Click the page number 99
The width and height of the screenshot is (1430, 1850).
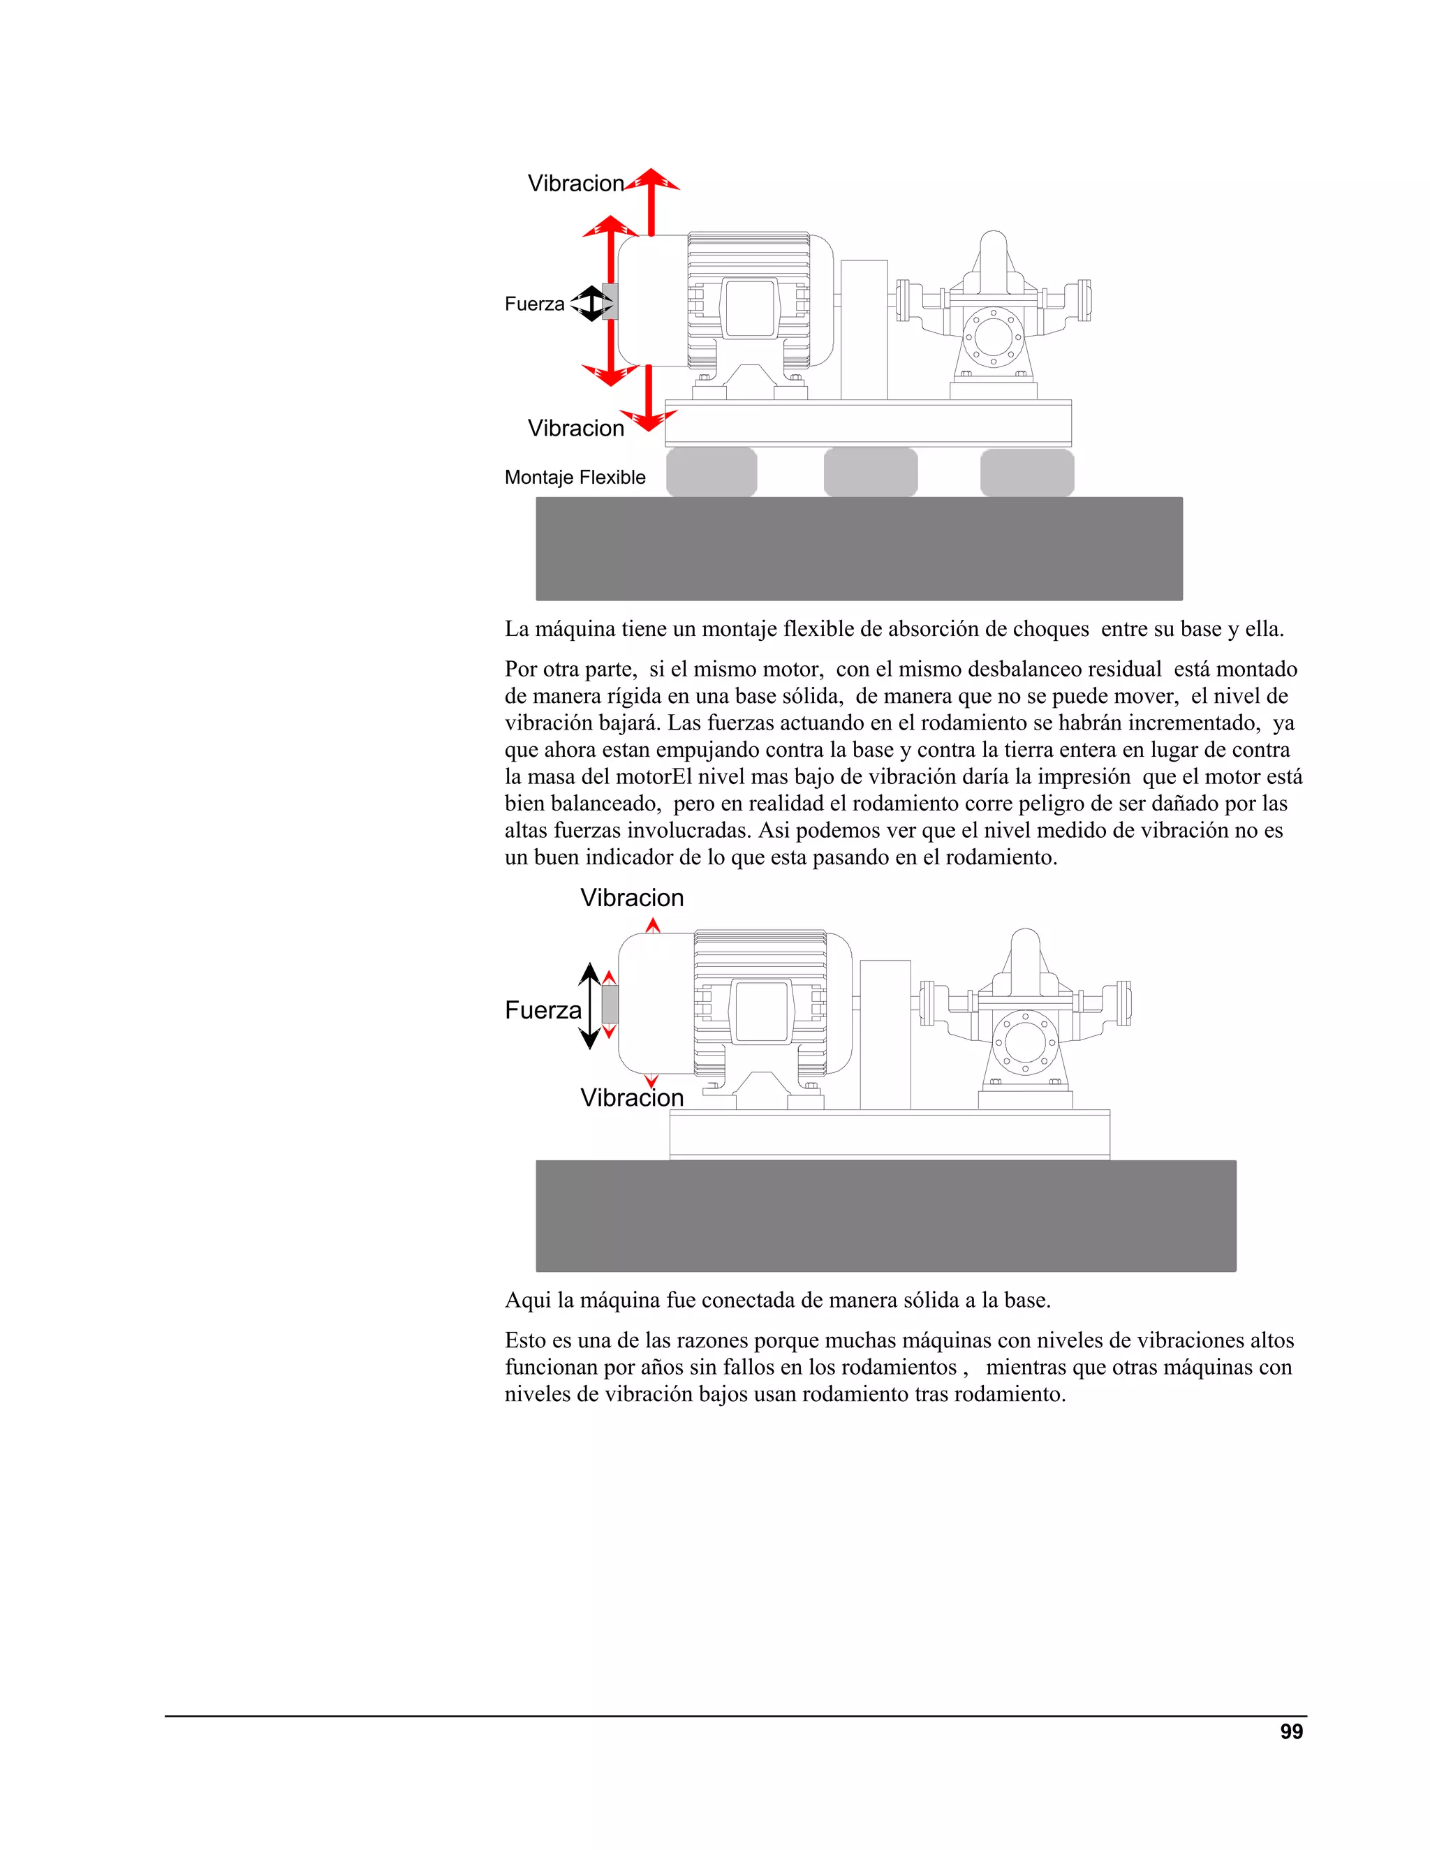1291,1731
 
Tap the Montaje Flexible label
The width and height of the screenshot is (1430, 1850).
575,478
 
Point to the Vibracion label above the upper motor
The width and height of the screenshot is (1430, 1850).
575,184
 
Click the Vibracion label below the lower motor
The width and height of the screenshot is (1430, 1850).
631,1098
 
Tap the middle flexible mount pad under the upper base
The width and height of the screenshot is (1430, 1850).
870,473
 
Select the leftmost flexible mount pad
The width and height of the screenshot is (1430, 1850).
711,473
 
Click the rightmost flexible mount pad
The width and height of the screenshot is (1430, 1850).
1026,473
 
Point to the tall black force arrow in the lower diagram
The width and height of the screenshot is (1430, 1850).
589,1006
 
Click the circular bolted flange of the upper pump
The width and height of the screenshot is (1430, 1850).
993,337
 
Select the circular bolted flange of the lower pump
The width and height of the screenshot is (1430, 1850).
1025,1041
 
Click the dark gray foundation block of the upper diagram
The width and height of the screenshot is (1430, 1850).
859,549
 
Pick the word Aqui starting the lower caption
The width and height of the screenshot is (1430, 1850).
527,1301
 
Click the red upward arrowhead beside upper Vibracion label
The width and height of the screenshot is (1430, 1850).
651,179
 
